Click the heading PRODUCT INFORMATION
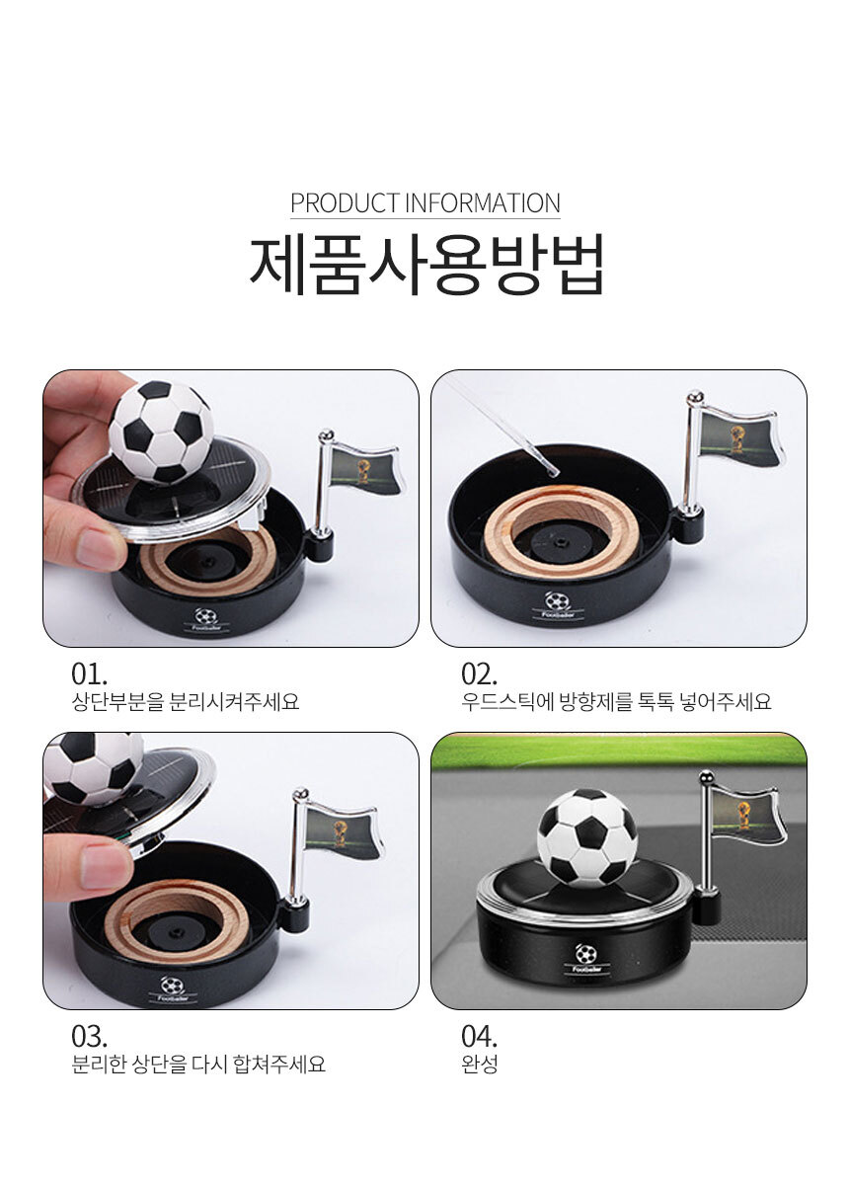[x=424, y=203]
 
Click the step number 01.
[x=89, y=674]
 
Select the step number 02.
[x=479, y=674]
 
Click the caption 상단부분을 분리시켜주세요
[x=186, y=702]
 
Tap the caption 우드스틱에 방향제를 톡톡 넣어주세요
[x=616, y=702]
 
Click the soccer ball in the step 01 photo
[x=161, y=433]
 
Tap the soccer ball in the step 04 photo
[x=586, y=838]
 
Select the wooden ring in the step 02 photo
[x=562, y=530]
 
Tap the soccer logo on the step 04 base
[x=586, y=954]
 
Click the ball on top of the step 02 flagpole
[x=695, y=396]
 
